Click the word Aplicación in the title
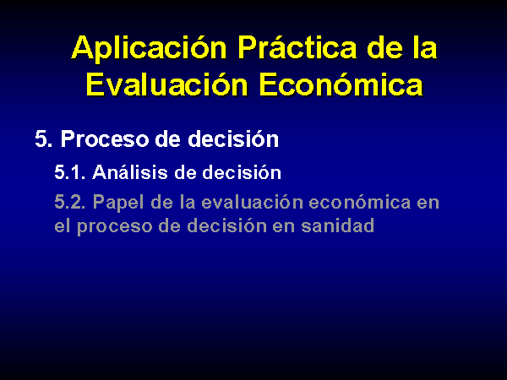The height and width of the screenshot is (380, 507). coord(149,48)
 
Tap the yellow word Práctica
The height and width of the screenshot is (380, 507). coord(297,47)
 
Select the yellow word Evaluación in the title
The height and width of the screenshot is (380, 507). coord(166,84)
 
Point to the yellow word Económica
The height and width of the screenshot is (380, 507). coord(341,84)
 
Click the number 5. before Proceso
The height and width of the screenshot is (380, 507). coord(44,139)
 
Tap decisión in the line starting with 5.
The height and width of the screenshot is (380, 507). coord(233,139)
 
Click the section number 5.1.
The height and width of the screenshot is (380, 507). coord(70,172)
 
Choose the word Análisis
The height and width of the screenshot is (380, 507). coord(130,171)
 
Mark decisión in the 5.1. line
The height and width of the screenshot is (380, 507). coord(242,171)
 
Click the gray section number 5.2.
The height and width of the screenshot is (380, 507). coord(70,203)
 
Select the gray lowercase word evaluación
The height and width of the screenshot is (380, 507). coord(252,202)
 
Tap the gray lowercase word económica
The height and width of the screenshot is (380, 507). coord(360,202)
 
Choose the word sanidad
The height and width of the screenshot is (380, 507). coord(337,225)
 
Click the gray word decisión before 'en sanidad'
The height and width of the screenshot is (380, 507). coord(226,225)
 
